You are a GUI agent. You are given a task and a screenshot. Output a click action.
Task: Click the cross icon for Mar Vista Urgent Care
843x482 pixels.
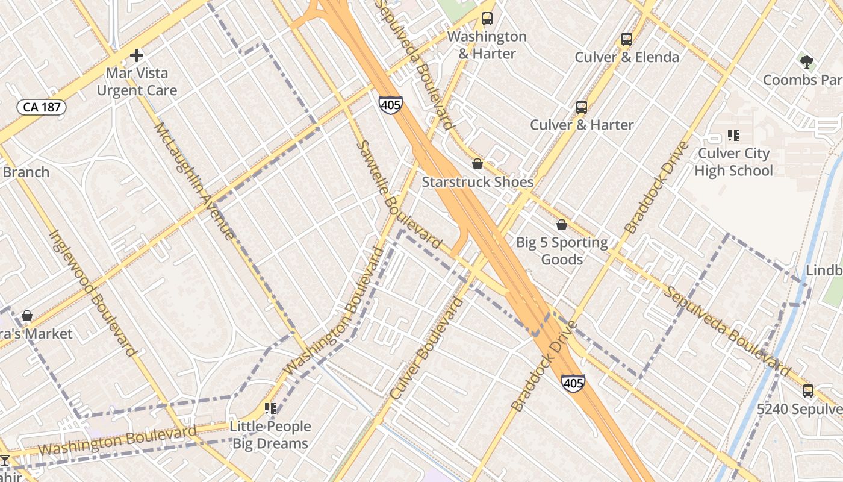pyautogui.click(x=137, y=56)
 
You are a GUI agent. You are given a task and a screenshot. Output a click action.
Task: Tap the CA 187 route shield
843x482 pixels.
pyautogui.click(x=41, y=107)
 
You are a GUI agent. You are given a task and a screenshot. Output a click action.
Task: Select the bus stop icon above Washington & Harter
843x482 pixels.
pyautogui.click(x=487, y=19)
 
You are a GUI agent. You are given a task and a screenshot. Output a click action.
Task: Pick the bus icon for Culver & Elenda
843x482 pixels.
pyautogui.click(x=627, y=39)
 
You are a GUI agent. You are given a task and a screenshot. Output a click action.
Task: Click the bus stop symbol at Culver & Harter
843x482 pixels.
pyautogui.click(x=581, y=107)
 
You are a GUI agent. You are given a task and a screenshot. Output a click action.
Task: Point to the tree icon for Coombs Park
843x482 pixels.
pyautogui.click(x=807, y=61)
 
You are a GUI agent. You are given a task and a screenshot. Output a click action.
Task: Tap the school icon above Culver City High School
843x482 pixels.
pyautogui.click(x=733, y=136)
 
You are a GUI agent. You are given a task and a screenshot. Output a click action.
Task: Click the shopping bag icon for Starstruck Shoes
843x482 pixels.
pyautogui.click(x=477, y=164)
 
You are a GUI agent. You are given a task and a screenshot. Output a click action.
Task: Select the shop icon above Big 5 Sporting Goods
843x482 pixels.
pyautogui.click(x=562, y=225)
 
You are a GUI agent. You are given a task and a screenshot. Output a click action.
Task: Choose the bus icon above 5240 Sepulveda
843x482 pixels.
pyautogui.click(x=808, y=391)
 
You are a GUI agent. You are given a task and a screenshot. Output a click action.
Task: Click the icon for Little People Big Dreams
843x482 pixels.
pyautogui.click(x=271, y=408)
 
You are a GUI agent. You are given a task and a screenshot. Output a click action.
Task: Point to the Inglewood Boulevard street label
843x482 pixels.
pyautogui.click(x=92, y=292)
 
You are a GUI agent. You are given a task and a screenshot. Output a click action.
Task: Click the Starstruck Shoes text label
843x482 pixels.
pyautogui.click(x=477, y=182)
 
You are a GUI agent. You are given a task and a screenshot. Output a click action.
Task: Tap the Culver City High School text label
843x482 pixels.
pyautogui.click(x=733, y=162)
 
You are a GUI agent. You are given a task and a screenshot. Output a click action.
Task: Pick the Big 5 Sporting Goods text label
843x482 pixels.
pyautogui.click(x=562, y=251)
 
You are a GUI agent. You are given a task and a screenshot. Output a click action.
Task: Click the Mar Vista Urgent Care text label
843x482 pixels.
pyautogui.click(x=137, y=82)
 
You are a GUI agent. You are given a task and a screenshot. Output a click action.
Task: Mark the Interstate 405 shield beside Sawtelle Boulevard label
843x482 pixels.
pyautogui.click(x=390, y=104)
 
